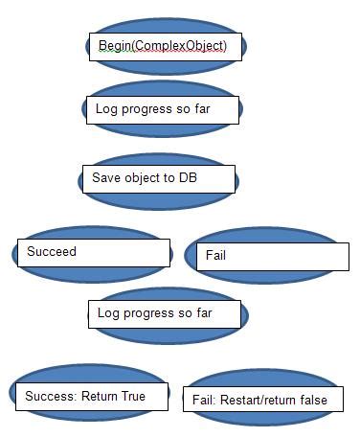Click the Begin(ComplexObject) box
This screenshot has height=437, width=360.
point(164,47)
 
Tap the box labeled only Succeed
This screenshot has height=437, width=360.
point(92,252)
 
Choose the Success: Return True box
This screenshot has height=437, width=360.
point(91,394)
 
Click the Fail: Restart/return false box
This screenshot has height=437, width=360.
point(262,400)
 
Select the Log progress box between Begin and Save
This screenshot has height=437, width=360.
point(162,109)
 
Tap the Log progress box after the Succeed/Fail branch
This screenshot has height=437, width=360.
point(165,314)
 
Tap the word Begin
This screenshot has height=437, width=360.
point(115,46)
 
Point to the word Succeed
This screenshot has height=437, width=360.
point(52,252)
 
